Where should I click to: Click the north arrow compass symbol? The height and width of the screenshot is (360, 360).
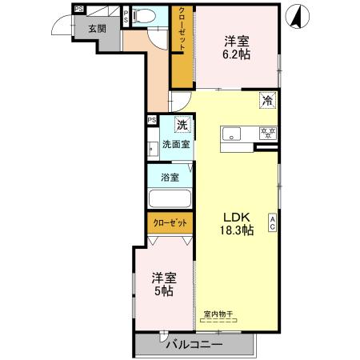[x=298, y=16]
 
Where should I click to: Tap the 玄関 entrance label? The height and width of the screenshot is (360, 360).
[x=97, y=28]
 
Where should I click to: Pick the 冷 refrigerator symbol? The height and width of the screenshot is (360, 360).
[x=269, y=101]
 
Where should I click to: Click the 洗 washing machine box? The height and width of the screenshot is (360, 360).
[x=182, y=125]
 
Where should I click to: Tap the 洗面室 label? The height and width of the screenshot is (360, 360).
[x=175, y=145]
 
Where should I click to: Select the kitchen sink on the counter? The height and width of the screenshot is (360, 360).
[x=233, y=134]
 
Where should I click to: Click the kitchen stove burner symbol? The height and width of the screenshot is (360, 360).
[x=270, y=134]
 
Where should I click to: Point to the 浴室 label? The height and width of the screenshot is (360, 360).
[x=169, y=177]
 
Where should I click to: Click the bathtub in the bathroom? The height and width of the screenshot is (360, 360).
[x=170, y=201]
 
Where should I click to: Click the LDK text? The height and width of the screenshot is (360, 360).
[x=237, y=216]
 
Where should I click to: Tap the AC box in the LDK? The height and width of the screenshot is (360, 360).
[x=272, y=222]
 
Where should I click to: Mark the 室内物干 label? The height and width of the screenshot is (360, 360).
[x=218, y=314]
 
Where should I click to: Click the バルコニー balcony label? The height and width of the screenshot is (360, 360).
[x=194, y=344]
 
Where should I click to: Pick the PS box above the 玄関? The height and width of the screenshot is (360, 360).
[x=78, y=10]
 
